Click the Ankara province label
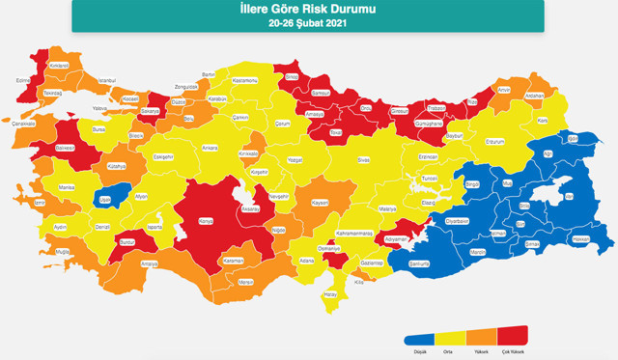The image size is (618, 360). pos(210,148)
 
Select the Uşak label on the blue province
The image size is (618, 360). pos(105,200)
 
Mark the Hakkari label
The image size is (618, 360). pos(581,238)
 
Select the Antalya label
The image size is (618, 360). pos(149,263)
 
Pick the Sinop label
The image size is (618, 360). pos(292,76)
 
